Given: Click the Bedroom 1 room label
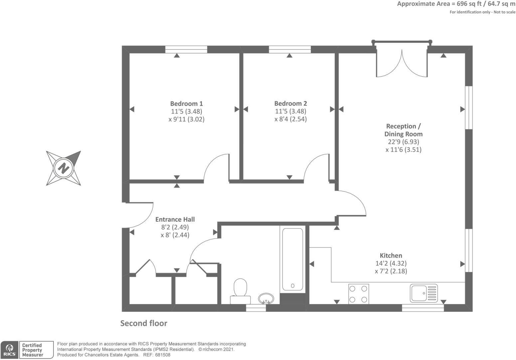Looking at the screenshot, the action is [186, 104].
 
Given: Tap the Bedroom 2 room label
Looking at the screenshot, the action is [290, 104].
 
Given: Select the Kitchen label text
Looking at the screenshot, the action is [391, 256].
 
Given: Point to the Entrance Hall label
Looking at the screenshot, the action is [175, 219].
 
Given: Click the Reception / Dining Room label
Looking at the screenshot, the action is [403, 130].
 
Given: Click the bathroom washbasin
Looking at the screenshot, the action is [266, 298].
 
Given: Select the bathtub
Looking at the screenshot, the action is [293, 259].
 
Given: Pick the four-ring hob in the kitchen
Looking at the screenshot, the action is [358, 294].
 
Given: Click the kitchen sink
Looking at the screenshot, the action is [424, 293].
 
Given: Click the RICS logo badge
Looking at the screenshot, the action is [9, 350].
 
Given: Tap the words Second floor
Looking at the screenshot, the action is [144, 323].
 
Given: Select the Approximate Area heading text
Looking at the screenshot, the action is [456, 4].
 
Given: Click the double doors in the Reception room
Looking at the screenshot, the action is [402, 63].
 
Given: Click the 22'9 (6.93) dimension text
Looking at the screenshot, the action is [403, 142].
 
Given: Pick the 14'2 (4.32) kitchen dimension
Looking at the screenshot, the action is [391, 263].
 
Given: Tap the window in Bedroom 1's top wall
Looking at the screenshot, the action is [186, 49].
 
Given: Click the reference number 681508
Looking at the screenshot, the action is [163, 355].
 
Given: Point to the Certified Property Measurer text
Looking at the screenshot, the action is [33, 350].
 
